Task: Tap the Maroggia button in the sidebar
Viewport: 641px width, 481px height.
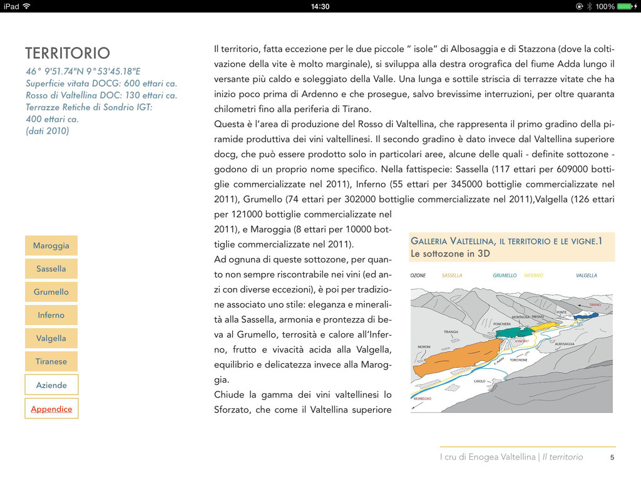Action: coord(51,246)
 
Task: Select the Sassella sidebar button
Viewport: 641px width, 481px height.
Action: coord(51,269)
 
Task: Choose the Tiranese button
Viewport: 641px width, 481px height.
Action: coord(51,361)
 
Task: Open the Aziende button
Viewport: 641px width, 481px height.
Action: coord(51,385)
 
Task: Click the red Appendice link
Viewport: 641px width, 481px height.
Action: coord(51,409)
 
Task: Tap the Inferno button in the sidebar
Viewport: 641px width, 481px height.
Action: coord(51,315)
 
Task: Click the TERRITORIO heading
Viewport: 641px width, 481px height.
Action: coord(68,53)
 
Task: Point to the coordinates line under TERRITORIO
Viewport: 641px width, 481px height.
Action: coord(83,71)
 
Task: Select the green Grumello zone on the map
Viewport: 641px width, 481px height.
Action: coord(515,332)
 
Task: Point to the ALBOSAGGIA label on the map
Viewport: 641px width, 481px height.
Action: coord(564,344)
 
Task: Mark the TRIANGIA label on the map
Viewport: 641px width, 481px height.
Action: coord(451,332)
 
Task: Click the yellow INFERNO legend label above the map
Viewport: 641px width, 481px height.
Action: coord(533,276)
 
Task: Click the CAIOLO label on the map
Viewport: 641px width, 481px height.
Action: coord(479,381)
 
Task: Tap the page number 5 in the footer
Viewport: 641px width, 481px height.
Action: coord(612,457)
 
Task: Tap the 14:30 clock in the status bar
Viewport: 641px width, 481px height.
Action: coord(320,6)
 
